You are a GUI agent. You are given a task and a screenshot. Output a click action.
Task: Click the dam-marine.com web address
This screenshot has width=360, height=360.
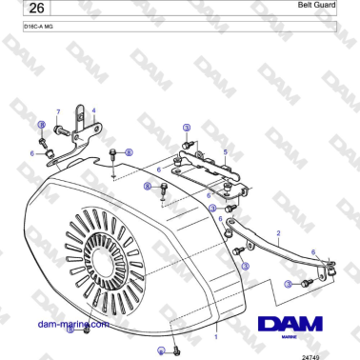click(68, 324)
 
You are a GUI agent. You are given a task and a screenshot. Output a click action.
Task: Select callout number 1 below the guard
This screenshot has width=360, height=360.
click(216, 336)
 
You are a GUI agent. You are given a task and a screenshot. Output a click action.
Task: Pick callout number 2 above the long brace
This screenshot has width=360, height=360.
click(277, 232)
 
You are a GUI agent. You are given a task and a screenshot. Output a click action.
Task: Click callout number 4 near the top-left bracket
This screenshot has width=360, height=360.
click(93, 110)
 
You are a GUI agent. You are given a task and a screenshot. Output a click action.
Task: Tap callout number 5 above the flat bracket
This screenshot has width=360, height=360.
click(225, 152)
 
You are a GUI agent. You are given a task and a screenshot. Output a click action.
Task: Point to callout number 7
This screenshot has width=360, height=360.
click(57, 111)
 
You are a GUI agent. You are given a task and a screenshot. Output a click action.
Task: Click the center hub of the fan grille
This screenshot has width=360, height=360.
click(98, 258)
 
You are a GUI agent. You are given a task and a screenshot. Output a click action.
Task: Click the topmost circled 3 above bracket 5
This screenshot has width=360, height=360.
click(187, 128)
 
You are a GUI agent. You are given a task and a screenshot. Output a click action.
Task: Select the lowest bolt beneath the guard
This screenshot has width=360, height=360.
click(177, 351)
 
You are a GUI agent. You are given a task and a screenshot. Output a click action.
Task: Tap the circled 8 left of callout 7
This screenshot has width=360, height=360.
click(41, 125)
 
